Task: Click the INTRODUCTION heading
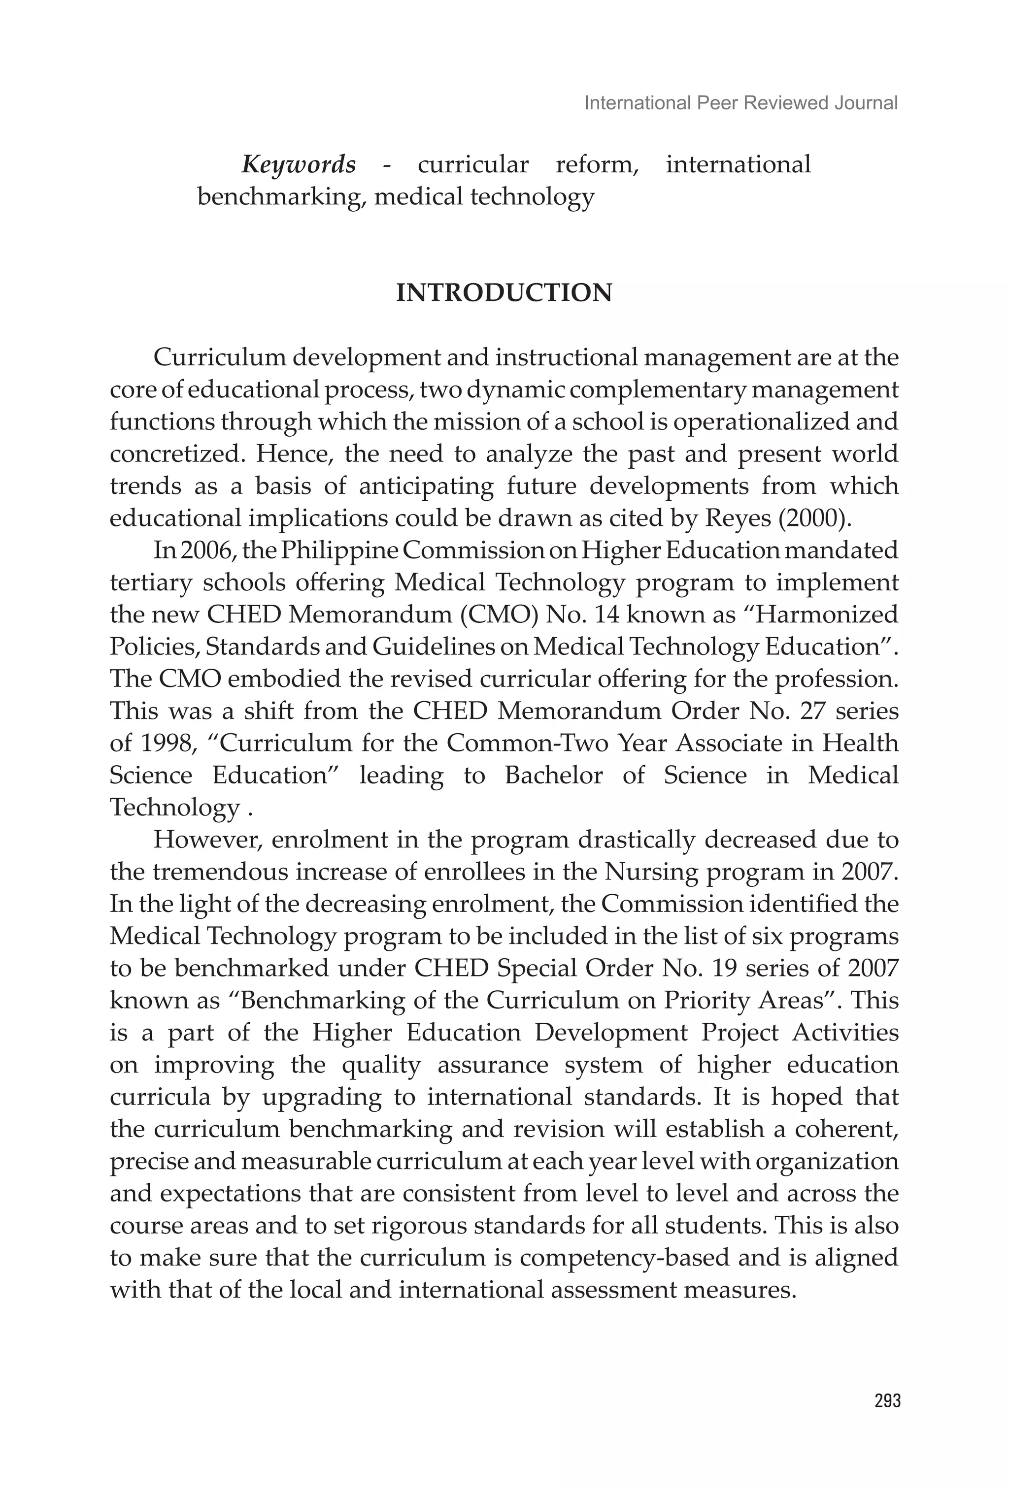point(504,293)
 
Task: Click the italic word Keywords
point(299,165)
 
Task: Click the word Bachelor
point(553,775)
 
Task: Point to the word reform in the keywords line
point(596,165)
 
